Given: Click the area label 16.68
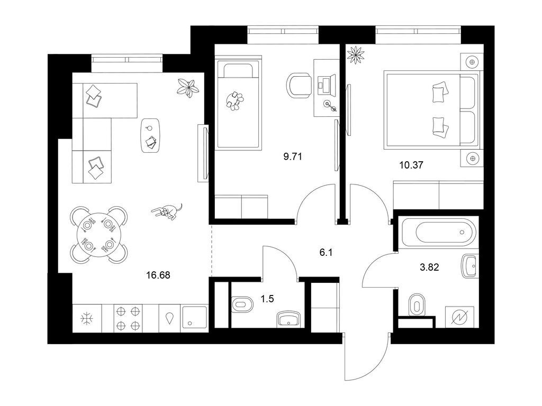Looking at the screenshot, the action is coord(158,275).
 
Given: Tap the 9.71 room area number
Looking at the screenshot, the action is coord(293,156).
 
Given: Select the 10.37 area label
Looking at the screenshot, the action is coord(411,165).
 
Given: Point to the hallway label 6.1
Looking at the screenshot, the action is coord(326,253).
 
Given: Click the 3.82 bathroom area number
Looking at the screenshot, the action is coord(429,267).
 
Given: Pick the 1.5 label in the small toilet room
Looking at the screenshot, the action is coord(267,299).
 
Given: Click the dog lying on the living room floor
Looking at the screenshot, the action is coord(167,210).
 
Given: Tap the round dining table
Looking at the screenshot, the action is coord(99,235).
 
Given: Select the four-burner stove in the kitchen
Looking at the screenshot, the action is coord(128,318).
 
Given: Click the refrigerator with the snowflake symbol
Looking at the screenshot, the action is coord(87,318).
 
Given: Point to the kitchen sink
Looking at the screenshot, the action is coord(194,318).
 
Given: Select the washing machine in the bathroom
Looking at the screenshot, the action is coord(462,317).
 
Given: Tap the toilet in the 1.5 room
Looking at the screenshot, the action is coord(242,304).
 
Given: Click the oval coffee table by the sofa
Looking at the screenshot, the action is coord(150,135).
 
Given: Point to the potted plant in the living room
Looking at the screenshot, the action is coord(188,88).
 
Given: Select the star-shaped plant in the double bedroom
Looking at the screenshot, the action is coord(356,55).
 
